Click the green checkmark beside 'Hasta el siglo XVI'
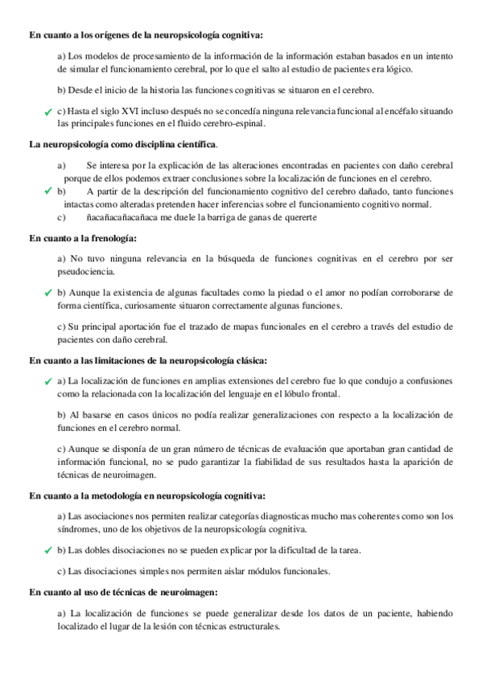49,112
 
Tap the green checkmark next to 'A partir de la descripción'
49,191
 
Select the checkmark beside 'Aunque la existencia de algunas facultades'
49,294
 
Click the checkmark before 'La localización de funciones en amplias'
49,380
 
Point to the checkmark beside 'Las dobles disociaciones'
49,550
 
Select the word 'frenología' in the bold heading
109,238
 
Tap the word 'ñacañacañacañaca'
123,216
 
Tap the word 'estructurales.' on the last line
253,627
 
